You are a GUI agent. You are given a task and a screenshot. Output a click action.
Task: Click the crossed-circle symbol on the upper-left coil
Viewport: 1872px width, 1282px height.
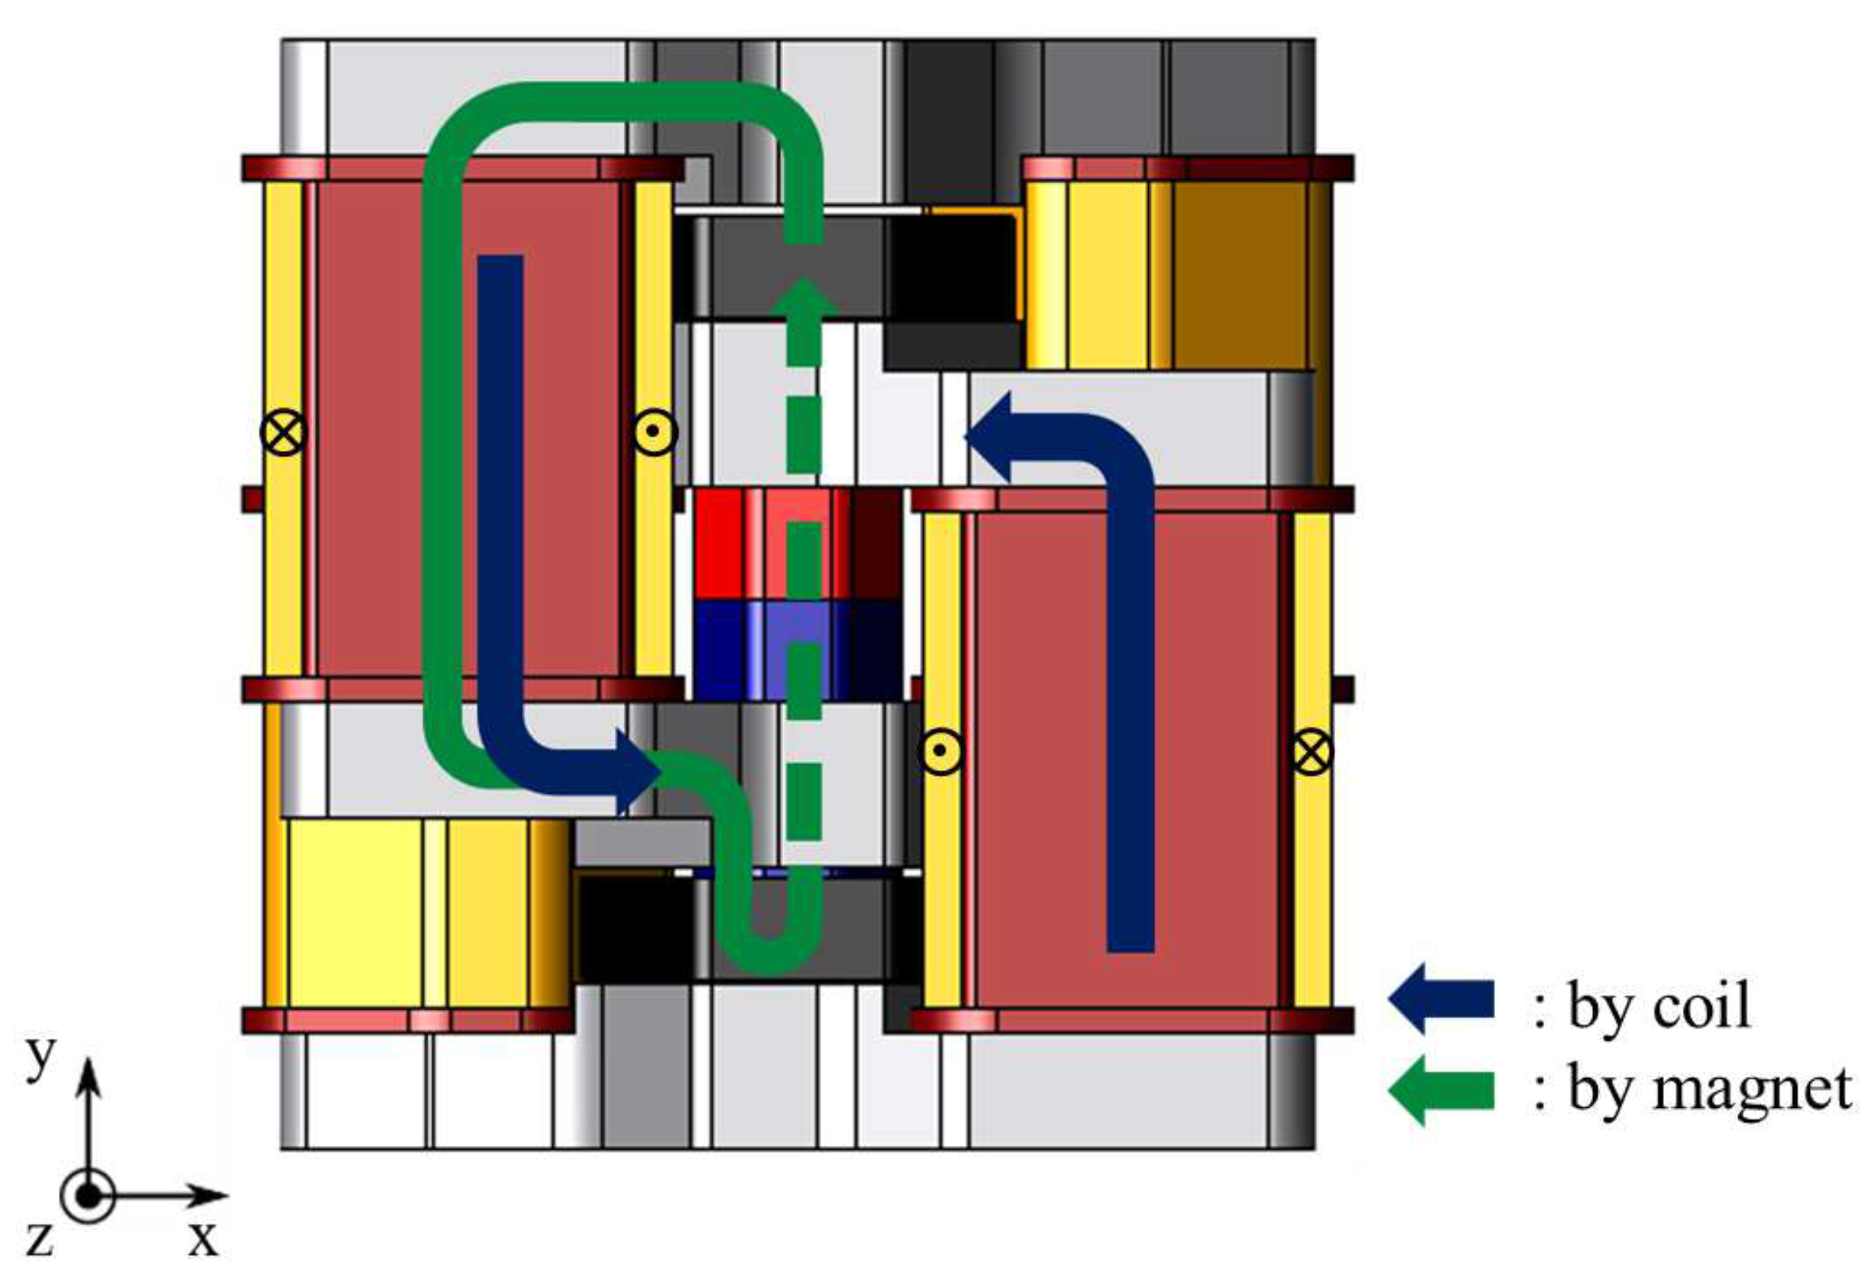click(284, 432)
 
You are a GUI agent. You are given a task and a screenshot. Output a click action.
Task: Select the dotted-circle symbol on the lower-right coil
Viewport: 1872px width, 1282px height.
click(940, 751)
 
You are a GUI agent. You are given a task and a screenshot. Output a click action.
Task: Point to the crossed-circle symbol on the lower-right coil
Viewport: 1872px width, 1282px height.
click(1312, 751)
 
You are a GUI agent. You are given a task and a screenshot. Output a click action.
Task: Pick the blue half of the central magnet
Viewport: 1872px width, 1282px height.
click(797, 649)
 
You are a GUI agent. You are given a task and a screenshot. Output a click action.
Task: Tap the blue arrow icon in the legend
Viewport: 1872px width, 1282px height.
click(1440, 999)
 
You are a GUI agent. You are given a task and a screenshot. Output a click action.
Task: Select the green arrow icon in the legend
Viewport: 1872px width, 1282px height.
click(1440, 1091)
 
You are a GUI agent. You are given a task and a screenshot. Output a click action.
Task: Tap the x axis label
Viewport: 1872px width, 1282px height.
click(203, 1239)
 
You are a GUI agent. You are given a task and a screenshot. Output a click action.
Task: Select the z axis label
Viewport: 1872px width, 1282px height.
click(39, 1239)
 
